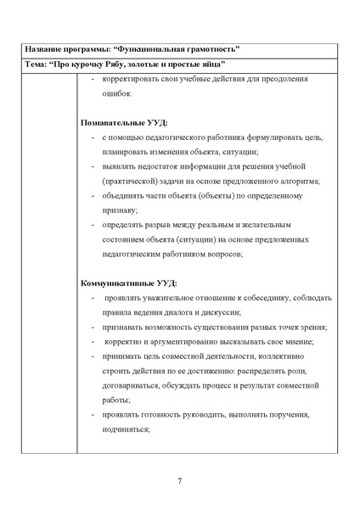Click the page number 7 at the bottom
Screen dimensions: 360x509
(180, 482)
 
